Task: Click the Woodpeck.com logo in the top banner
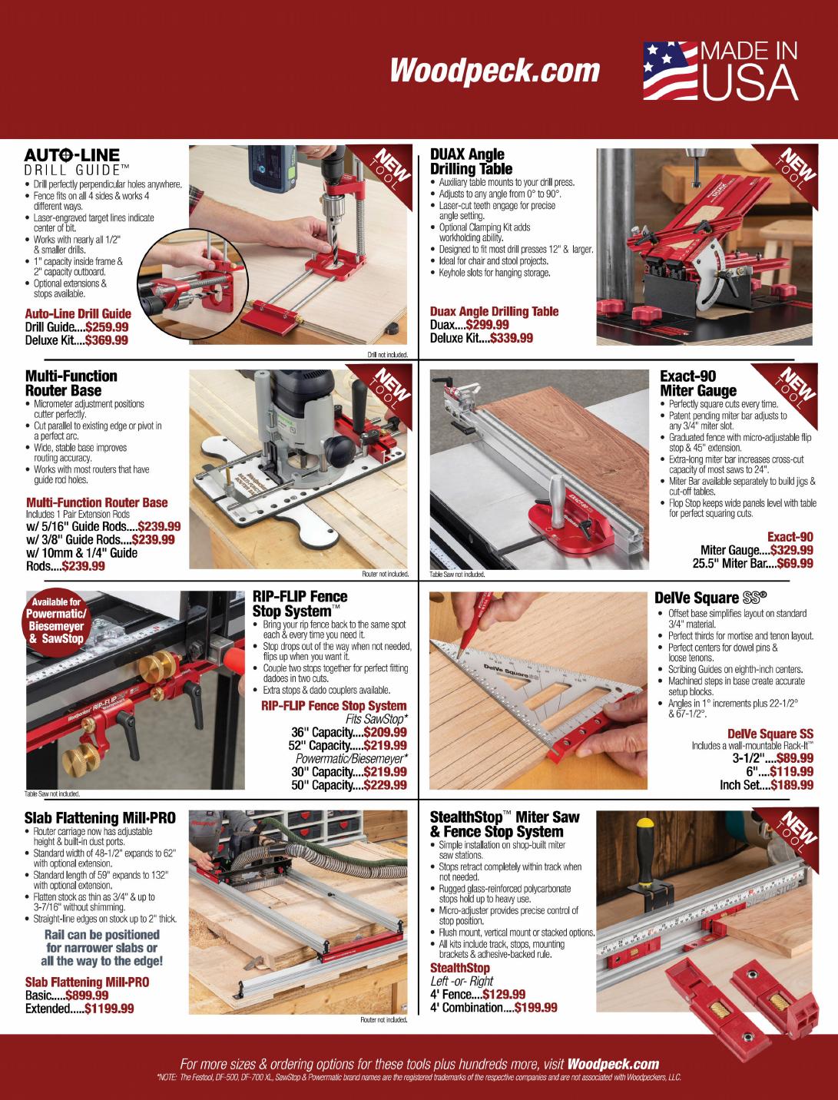pos(495,70)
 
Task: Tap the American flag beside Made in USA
pos(671,71)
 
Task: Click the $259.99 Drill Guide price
pos(107,327)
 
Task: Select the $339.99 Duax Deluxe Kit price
pos(512,338)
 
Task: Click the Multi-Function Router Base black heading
pos(71,383)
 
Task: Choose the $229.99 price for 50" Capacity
pos(385,785)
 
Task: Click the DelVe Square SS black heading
pos(710,598)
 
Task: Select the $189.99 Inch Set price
pos(792,785)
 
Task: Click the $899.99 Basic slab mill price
pos(87,995)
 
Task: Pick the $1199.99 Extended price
pos(109,1009)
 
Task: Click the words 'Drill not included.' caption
pos(387,355)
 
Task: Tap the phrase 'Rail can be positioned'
pos(101,935)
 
